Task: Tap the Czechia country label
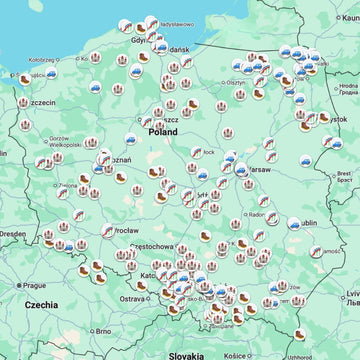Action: [x=42, y=304]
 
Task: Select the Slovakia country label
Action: [x=186, y=354]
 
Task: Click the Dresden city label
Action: [x=12, y=233]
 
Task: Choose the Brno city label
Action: [x=102, y=330]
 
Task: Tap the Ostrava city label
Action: [x=133, y=297]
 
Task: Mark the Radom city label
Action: [x=257, y=213]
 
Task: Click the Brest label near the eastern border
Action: [x=343, y=173]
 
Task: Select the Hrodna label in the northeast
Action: [x=347, y=86]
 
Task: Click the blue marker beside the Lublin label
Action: [x=294, y=224]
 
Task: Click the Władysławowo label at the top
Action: [x=191, y=22]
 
